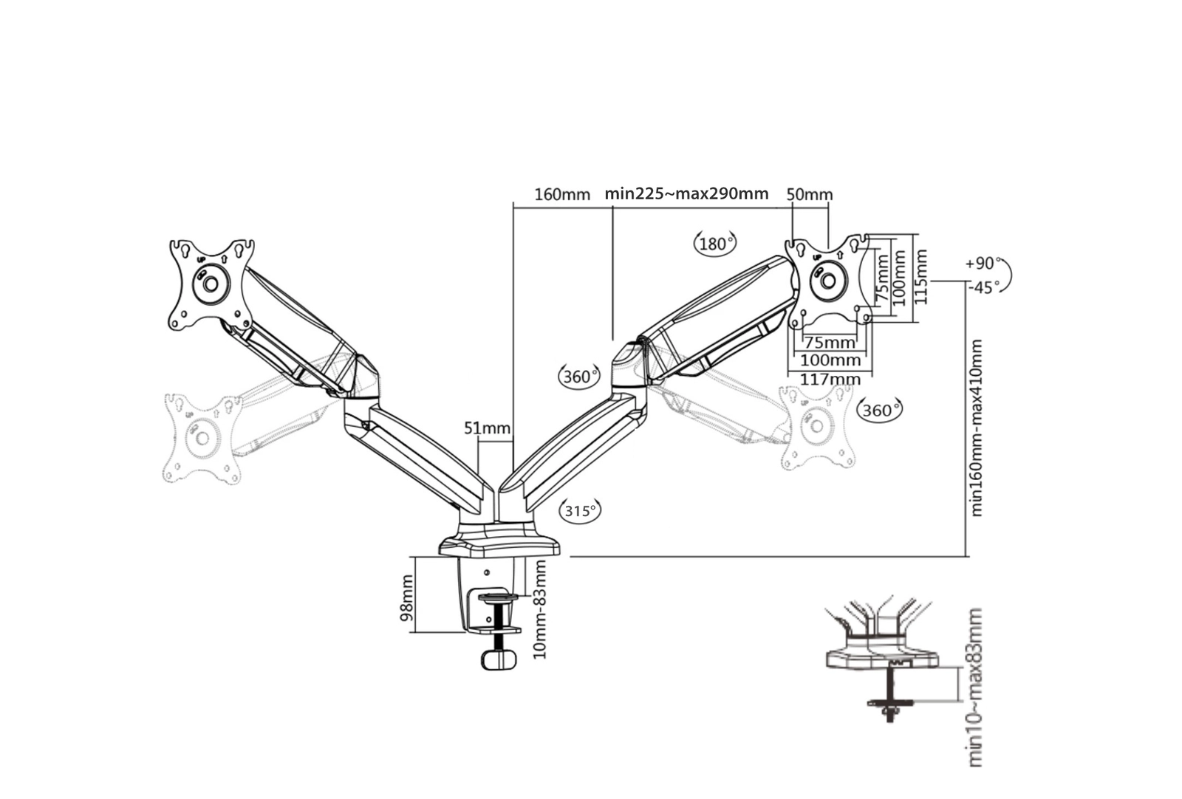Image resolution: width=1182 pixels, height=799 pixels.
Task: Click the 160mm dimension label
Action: pyautogui.click(x=562, y=195)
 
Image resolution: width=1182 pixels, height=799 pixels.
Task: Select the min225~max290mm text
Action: pyautogui.click(x=686, y=194)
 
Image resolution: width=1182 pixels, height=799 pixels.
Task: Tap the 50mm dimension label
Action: pyautogui.click(x=809, y=195)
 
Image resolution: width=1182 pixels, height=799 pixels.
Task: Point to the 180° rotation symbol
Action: pyautogui.click(x=715, y=243)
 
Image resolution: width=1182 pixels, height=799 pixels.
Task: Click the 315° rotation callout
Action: pyautogui.click(x=581, y=510)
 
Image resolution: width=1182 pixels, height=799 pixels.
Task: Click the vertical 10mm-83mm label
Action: pyautogui.click(x=540, y=609)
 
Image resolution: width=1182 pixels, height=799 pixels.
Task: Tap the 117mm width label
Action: pyautogui.click(x=831, y=379)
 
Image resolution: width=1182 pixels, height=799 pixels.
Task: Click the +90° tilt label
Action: pyautogui.click(x=982, y=264)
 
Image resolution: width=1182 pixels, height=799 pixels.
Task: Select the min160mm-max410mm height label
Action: pyautogui.click(x=977, y=428)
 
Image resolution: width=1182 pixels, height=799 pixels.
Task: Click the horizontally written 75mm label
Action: pyautogui.click(x=829, y=343)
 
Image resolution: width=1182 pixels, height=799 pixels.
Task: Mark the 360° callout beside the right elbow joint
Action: pyautogui.click(x=578, y=377)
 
